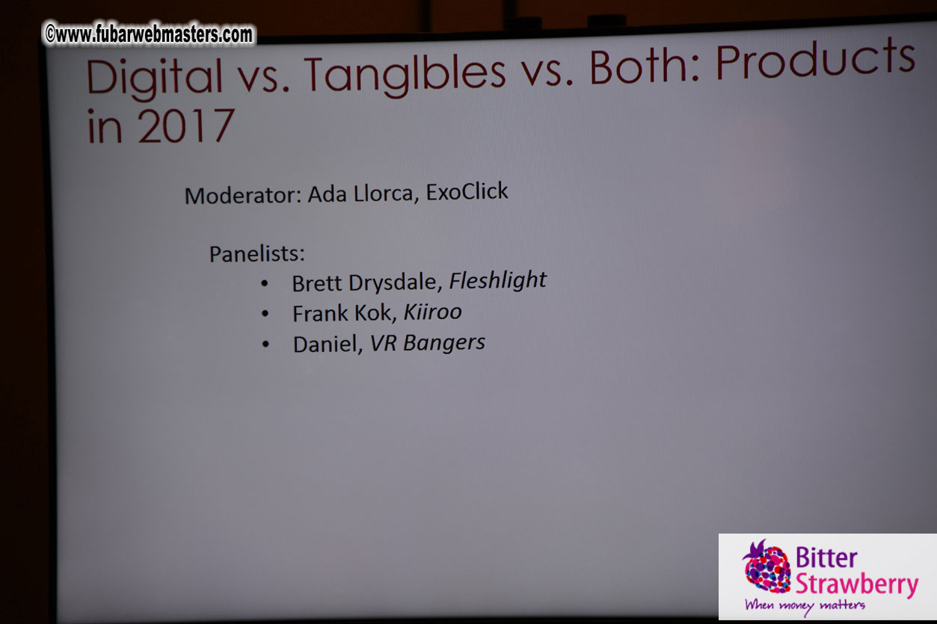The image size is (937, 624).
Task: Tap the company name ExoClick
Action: click(467, 192)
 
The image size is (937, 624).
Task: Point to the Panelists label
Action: click(256, 254)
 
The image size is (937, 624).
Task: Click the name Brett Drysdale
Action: click(366, 283)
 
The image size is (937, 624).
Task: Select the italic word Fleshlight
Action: click(497, 280)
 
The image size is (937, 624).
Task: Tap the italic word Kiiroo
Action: click(432, 312)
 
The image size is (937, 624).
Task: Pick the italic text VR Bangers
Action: click(427, 342)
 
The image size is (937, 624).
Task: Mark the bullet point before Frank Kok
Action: click(265, 315)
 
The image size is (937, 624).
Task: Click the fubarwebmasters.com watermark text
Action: click(149, 34)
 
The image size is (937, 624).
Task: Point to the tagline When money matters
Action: click(805, 605)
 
